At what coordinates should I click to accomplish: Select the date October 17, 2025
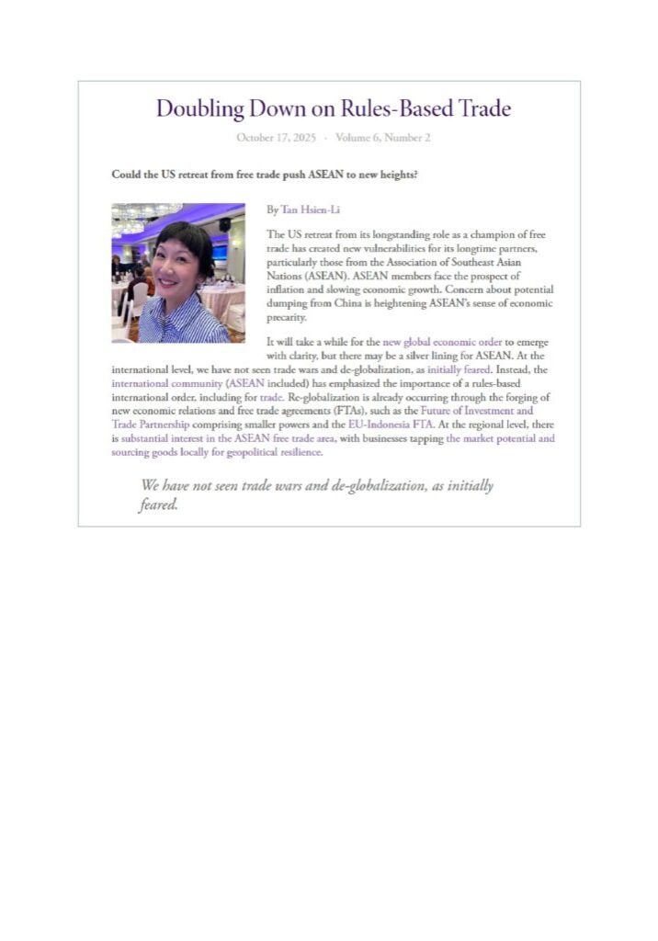coord(276,138)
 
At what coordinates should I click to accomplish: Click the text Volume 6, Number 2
coord(383,138)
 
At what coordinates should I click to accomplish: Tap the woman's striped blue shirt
coord(184,322)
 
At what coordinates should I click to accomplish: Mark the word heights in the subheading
coord(397,174)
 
